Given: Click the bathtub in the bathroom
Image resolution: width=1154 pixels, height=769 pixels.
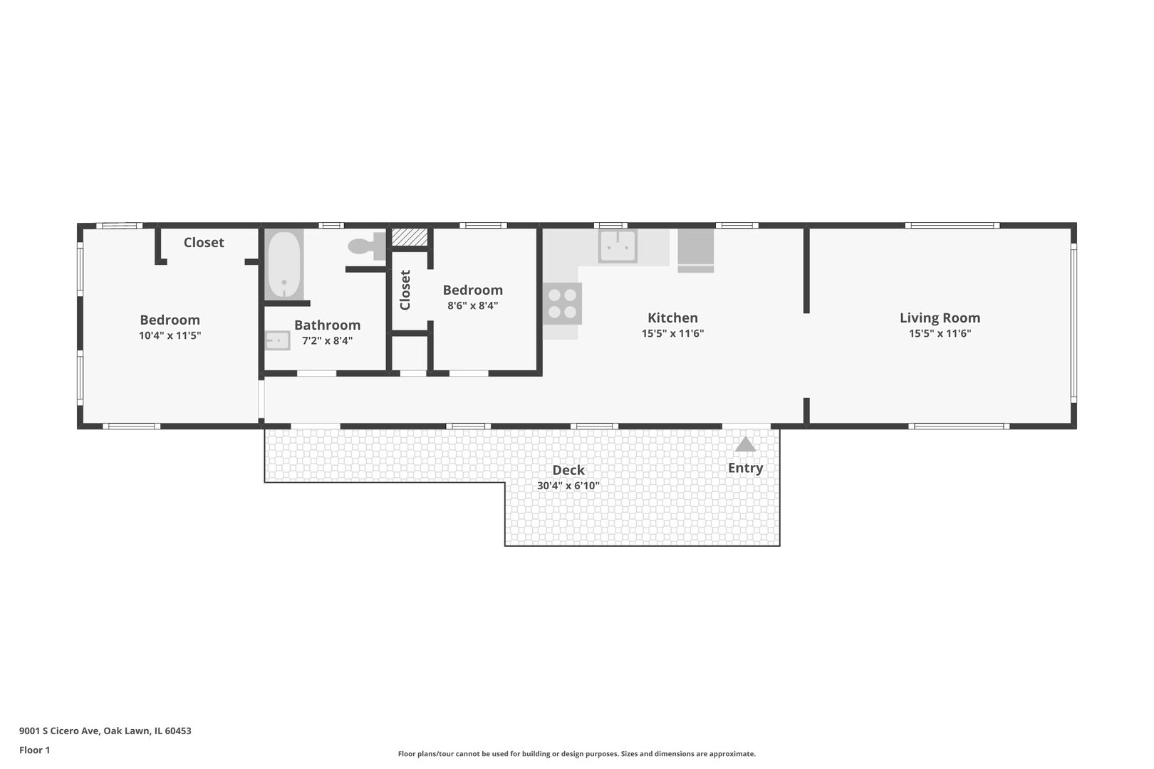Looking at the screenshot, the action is point(284,264).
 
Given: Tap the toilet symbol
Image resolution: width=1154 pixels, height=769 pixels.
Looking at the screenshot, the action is point(367,246).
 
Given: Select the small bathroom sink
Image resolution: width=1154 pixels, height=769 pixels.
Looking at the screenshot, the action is point(277,340).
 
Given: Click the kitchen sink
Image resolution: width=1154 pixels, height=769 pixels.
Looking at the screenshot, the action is point(618,246).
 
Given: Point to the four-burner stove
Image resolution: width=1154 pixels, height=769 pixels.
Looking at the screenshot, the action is point(562,303).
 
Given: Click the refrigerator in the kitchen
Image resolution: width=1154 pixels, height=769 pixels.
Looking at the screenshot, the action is point(695,251).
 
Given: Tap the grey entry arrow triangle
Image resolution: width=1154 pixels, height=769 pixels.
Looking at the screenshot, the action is point(745,444).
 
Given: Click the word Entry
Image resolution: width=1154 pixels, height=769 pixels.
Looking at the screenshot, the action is point(745,468).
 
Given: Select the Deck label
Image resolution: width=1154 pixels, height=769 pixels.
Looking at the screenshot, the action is point(568,470).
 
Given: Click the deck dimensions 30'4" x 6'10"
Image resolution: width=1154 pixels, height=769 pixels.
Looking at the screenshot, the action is point(568,486).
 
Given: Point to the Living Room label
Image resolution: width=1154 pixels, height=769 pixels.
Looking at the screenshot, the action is point(940,318).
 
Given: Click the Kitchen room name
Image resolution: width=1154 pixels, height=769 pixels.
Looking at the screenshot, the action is point(672,318).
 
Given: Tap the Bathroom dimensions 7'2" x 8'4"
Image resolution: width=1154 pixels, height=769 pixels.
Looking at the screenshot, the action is point(327,340).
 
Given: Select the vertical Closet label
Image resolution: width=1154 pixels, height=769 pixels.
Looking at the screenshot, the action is point(405,290).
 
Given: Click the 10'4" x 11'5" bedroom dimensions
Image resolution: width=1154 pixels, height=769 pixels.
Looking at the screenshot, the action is point(170,335).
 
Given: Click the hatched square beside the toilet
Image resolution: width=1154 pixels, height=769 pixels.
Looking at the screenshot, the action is point(410,237).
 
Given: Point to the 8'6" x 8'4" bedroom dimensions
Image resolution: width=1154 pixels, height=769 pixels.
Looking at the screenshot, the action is point(472,305).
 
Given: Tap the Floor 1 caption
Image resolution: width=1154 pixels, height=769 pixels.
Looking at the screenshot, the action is point(34,750).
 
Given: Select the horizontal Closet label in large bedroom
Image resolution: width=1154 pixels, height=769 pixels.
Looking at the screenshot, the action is point(204,243).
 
